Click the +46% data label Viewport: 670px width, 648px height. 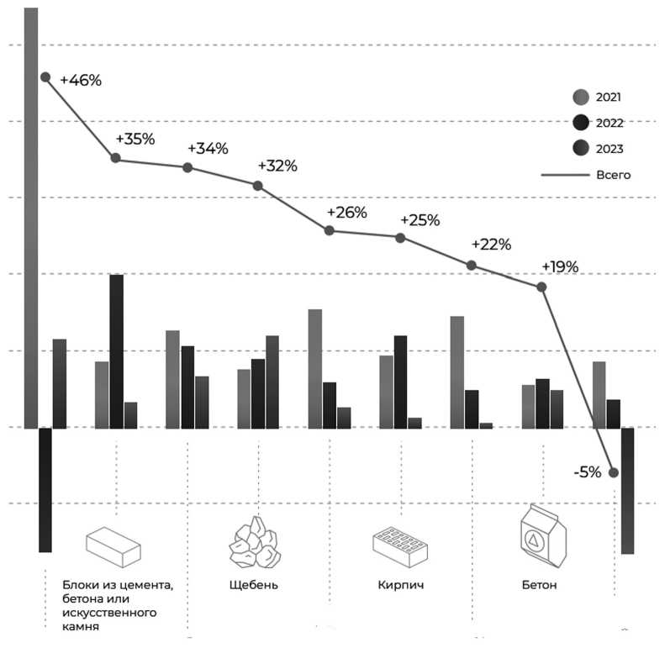tap(81, 81)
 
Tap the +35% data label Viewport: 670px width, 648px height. tap(135, 139)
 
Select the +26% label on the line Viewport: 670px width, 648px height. tap(347, 212)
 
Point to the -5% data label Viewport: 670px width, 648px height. tap(587, 472)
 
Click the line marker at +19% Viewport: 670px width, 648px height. tap(542, 287)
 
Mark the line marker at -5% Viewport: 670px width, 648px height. tap(614, 472)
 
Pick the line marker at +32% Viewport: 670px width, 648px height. tap(258, 186)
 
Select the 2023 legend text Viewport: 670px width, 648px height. tap(609, 149)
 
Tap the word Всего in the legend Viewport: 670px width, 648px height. tap(613, 176)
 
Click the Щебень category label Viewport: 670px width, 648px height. tap(253, 584)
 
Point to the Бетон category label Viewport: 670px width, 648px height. tap(538, 584)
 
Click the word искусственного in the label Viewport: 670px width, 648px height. tap(109, 613)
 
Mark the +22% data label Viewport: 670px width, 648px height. tap(491, 245)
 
